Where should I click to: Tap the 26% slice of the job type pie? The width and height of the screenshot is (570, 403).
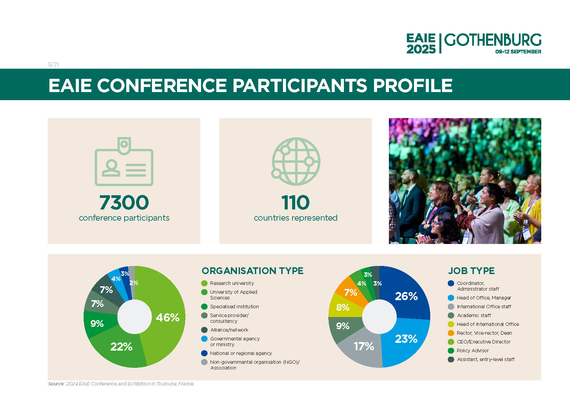point(407,295)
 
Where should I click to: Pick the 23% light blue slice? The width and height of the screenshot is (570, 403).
point(406,340)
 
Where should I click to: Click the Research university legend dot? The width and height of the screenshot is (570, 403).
point(204,283)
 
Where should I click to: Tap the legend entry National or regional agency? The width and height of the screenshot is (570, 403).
point(241,353)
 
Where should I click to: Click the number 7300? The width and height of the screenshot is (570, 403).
point(124,203)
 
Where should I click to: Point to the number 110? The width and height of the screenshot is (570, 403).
point(295,203)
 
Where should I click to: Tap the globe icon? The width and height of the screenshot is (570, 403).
point(296,161)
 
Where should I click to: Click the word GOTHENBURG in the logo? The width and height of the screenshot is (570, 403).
point(492,40)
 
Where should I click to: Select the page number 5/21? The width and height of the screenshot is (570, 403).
point(53,64)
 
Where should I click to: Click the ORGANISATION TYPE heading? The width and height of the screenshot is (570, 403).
point(253,271)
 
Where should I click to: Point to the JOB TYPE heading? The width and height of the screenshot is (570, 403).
point(471,271)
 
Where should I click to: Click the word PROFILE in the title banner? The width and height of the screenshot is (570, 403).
point(413,85)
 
